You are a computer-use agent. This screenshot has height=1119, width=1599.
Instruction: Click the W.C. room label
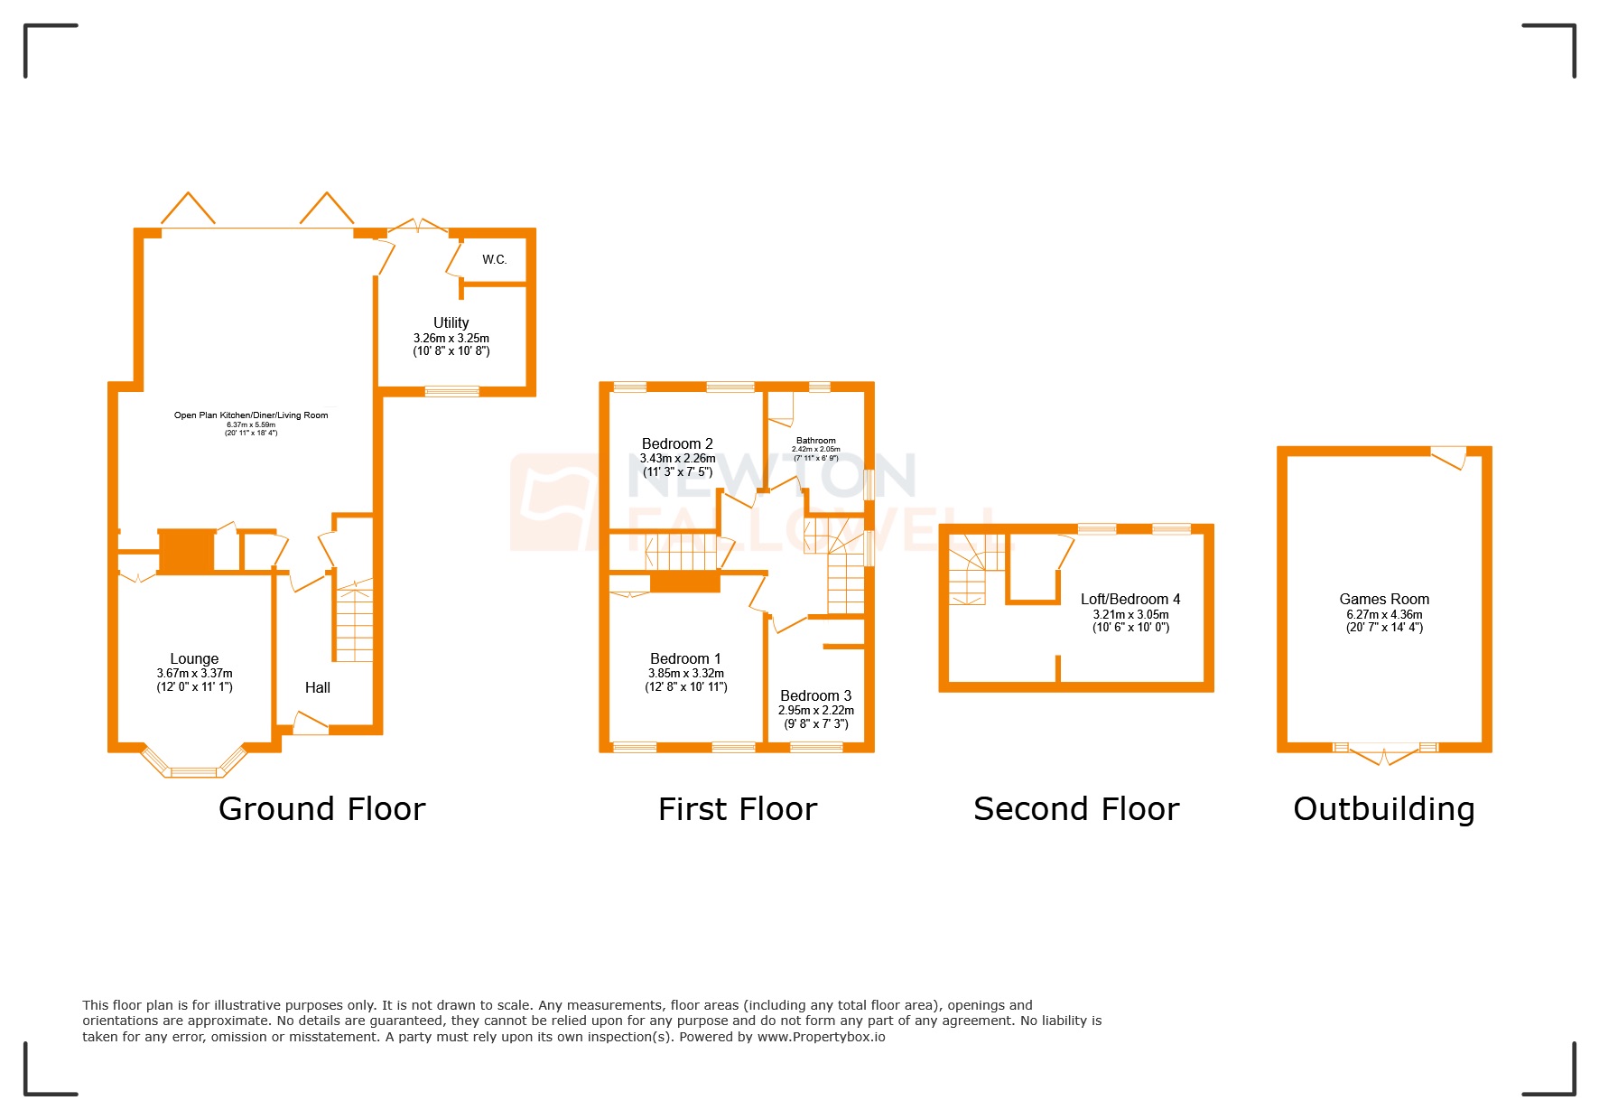pyautogui.click(x=494, y=260)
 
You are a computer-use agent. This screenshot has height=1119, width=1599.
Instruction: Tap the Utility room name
pyautogui.click(x=451, y=322)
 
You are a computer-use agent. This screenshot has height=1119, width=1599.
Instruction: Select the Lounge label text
pyautogui.click(x=194, y=659)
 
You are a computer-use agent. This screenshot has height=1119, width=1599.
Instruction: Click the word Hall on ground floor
pyautogui.click(x=317, y=688)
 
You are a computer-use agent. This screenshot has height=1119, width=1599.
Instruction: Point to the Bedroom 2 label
pyautogui.click(x=677, y=444)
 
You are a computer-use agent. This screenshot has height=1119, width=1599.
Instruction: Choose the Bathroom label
pyautogui.click(x=815, y=441)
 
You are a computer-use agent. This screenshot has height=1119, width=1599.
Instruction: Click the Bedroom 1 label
pyautogui.click(x=685, y=659)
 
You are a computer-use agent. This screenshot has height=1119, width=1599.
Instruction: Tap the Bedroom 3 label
pyautogui.click(x=815, y=696)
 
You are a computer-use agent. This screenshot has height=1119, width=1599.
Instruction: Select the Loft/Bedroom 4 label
pyautogui.click(x=1130, y=600)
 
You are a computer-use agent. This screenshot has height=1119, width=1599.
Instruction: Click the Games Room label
pyautogui.click(x=1383, y=600)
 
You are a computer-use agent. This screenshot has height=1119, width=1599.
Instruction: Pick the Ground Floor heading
pyautogui.click(x=321, y=809)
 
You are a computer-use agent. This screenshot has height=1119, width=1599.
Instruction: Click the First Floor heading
pyautogui.click(x=737, y=809)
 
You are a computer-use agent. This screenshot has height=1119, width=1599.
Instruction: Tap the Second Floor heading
pyautogui.click(x=1075, y=809)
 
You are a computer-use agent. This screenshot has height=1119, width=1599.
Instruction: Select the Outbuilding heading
pyautogui.click(x=1383, y=809)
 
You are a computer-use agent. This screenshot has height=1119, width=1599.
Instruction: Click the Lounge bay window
pyautogui.click(x=194, y=770)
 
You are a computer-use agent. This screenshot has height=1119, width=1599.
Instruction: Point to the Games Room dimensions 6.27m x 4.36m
pyautogui.click(x=1383, y=615)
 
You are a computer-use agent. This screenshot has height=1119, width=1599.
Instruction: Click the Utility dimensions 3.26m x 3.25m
pyautogui.click(x=451, y=339)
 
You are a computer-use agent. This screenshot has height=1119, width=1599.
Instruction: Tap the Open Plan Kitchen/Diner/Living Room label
pyautogui.click(x=251, y=415)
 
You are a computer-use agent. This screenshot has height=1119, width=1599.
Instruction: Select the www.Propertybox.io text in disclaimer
pyautogui.click(x=821, y=1037)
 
